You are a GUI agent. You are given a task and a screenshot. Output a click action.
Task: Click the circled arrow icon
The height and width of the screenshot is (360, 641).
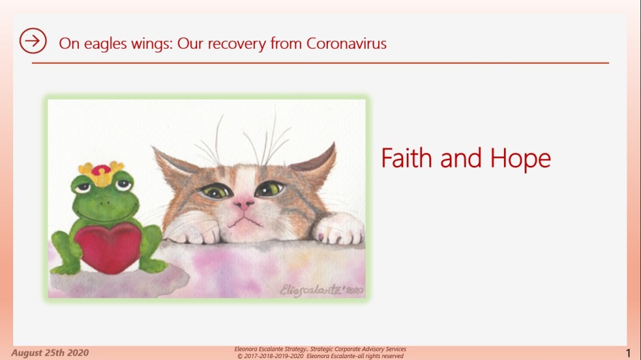[33, 41]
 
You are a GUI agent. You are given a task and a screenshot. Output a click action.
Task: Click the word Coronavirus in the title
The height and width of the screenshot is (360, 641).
[346, 43]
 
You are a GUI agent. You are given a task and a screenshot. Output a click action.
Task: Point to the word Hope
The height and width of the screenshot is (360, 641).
[520, 159]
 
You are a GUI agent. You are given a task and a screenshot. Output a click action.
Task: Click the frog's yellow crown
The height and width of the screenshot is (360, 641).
[101, 173]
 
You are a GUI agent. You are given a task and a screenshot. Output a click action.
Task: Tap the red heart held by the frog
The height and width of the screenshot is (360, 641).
[108, 247]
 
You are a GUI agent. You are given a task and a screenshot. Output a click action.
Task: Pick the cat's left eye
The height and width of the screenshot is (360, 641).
[215, 191]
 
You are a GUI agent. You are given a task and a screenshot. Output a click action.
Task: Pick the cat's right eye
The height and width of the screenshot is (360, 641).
[270, 188]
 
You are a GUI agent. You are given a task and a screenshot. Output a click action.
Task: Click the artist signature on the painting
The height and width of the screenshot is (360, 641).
[322, 290]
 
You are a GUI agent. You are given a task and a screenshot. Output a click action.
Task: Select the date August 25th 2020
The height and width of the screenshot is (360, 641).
[50, 352]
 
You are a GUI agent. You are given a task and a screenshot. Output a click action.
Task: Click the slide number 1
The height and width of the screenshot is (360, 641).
[628, 353]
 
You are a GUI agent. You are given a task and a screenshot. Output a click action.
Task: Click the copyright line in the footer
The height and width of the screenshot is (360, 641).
[320, 356]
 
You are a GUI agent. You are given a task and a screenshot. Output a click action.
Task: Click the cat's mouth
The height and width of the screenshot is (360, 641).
[245, 222]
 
